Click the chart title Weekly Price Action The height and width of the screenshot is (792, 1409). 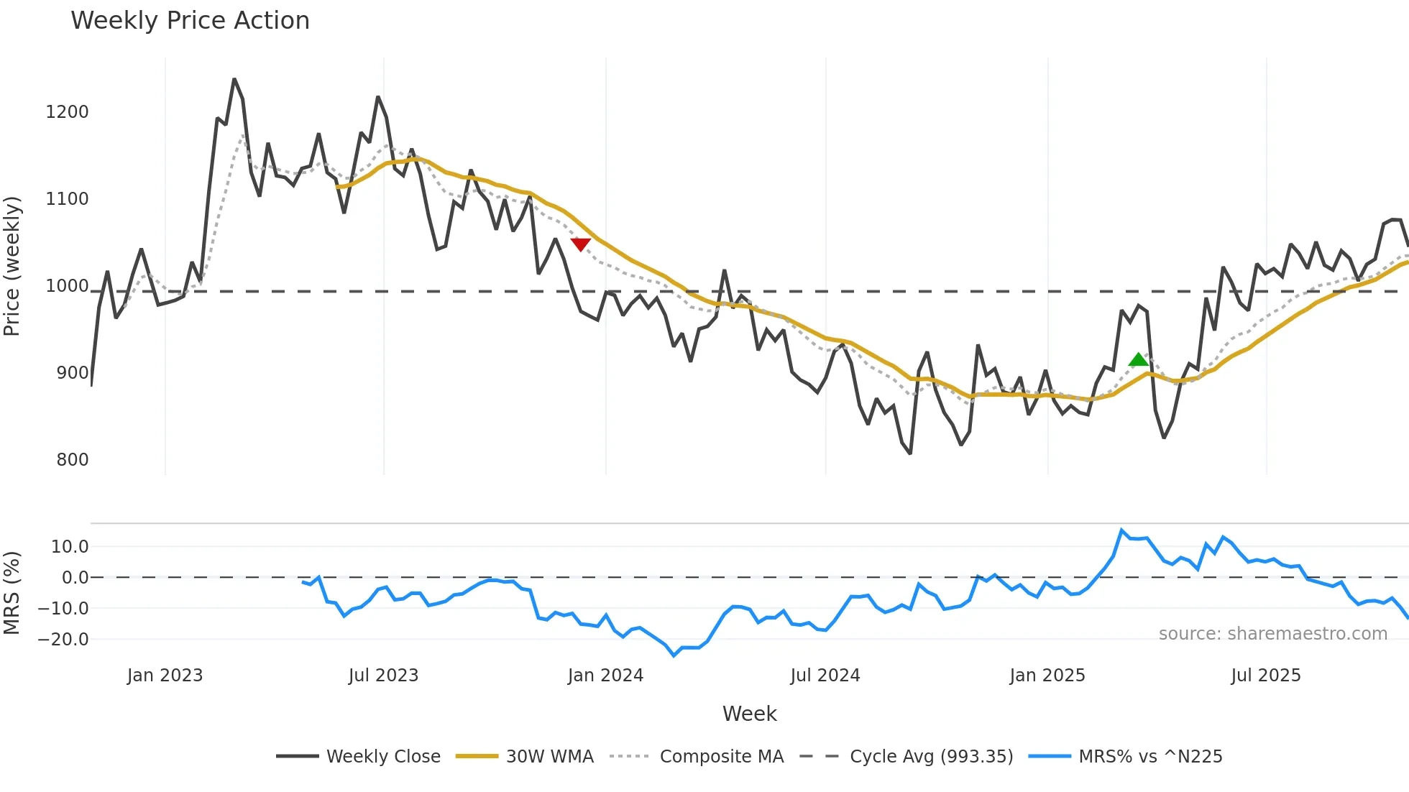coord(190,21)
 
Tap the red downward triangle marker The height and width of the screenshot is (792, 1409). coord(580,244)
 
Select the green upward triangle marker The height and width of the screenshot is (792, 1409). coord(1139,359)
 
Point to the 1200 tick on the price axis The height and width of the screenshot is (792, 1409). coord(67,112)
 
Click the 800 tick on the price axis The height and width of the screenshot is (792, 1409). coord(73,460)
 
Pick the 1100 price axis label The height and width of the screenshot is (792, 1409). coord(67,199)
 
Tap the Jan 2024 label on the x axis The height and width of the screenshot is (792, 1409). coord(605,676)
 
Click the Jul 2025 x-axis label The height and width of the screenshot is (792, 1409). coord(1266,676)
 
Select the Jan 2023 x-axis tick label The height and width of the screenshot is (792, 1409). coord(165,676)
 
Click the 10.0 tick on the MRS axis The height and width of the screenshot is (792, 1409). coord(70,547)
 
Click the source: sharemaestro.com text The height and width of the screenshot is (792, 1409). coord(1272,634)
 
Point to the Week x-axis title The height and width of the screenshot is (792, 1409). coord(749,714)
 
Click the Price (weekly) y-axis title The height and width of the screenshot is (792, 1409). coord(12,266)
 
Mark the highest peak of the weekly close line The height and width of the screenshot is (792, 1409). coord(234,79)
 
